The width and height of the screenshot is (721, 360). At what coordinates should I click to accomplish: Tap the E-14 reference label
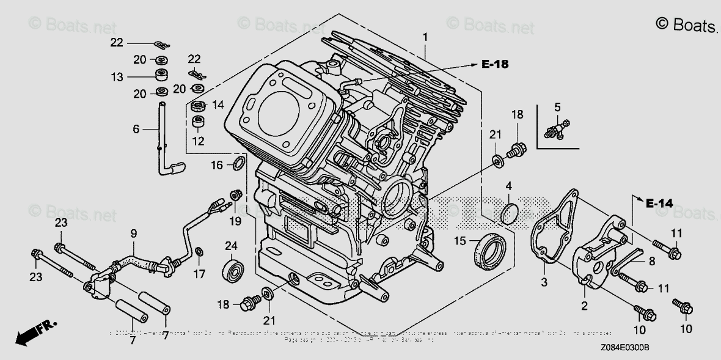coord(659,204)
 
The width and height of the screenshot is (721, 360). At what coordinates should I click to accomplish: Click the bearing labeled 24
coord(233,270)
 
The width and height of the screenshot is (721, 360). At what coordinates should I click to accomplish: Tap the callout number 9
coord(133,233)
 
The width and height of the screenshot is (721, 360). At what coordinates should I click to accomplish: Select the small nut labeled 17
coord(199,251)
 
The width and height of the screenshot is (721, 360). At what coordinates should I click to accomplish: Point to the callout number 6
coord(136,129)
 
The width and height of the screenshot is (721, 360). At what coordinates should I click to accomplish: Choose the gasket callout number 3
coord(544,282)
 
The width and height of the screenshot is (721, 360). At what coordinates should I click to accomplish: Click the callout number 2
coord(584,306)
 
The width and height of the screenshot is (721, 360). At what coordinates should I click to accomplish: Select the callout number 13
coord(117,77)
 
